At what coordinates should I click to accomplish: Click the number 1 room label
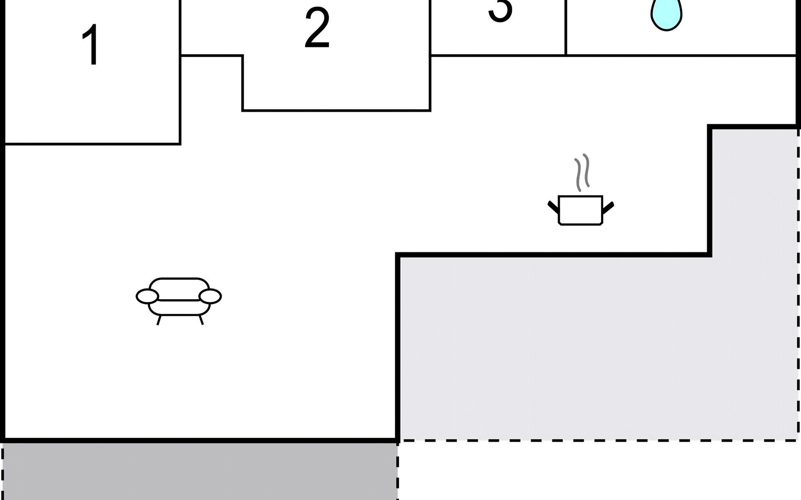pyautogui.click(x=91, y=45)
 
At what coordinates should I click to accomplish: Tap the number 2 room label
pyautogui.click(x=317, y=28)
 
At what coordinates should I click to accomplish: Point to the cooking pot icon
pyautogui.click(x=580, y=210)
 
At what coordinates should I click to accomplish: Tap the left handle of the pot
pyautogui.click(x=553, y=207)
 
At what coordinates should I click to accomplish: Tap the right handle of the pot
pyautogui.click(x=608, y=207)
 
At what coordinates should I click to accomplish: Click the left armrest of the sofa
pyautogui.click(x=147, y=297)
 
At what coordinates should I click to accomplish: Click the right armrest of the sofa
pyautogui.click(x=210, y=297)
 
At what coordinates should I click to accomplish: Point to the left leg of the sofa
pyautogui.click(x=159, y=320)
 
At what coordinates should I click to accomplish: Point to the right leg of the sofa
pyautogui.click(x=201, y=320)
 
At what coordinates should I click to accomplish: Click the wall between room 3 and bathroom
pyautogui.click(x=565, y=27)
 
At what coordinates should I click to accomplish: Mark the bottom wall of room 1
pyautogui.click(x=92, y=144)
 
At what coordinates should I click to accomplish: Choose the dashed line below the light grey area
pyautogui.click(x=597, y=440)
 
